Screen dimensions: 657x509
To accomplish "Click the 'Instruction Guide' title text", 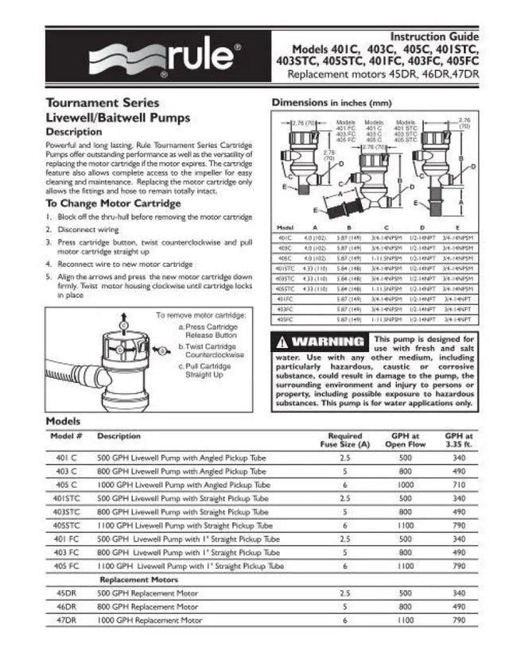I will point(433,37).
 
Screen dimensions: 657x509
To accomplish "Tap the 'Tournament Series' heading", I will point(103,102).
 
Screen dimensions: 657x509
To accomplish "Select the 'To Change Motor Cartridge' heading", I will point(113,203).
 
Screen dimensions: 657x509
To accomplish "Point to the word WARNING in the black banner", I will point(327,342).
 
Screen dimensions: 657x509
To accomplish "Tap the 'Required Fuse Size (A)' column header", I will point(344,440).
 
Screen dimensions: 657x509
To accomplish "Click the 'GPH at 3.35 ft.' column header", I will point(459,440).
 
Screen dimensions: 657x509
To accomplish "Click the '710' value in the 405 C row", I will point(459,484).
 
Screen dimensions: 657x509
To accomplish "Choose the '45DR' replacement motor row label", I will point(66,593).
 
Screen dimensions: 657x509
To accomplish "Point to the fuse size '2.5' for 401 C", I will point(344,458).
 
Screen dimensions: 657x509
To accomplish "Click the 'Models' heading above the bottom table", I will point(63,420).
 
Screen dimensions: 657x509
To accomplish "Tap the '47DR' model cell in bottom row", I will point(66,620).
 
